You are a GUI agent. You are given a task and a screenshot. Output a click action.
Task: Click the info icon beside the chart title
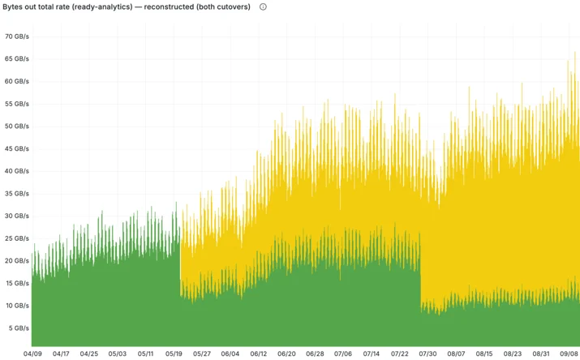pyautogui.click(x=263, y=7)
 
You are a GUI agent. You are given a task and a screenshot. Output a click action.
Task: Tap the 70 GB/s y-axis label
pyautogui.click(x=17, y=36)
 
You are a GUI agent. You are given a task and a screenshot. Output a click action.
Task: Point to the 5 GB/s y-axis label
pyautogui.click(x=19, y=328)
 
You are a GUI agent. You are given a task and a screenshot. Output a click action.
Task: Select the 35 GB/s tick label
pyautogui.click(x=17, y=194)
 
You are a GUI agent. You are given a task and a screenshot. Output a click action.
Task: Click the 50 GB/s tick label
pyautogui.click(x=17, y=126)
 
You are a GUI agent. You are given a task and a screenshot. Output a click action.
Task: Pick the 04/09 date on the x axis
pyautogui.click(x=32, y=354)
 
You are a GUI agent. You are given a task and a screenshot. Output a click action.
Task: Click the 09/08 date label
pyautogui.click(x=569, y=354)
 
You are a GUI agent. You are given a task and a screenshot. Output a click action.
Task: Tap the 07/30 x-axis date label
pyautogui.click(x=427, y=354)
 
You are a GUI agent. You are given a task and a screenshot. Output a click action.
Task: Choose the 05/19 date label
pyautogui.click(x=174, y=354)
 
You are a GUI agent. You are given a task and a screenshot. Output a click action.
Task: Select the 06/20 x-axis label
pyautogui.click(x=286, y=354)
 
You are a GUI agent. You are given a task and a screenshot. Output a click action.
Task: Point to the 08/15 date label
pyautogui.click(x=484, y=354)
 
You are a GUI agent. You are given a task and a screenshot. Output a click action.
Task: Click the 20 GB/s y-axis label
pyautogui.click(x=17, y=261)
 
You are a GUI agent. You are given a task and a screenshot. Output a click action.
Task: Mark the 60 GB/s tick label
pyautogui.click(x=17, y=81)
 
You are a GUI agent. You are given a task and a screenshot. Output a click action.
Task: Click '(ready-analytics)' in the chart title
pyautogui.click(x=103, y=7)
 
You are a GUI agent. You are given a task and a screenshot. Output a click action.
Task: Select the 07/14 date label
pyautogui.click(x=372, y=354)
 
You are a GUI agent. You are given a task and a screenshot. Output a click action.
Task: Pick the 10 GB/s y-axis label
pyautogui.click(x=17, y=306)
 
